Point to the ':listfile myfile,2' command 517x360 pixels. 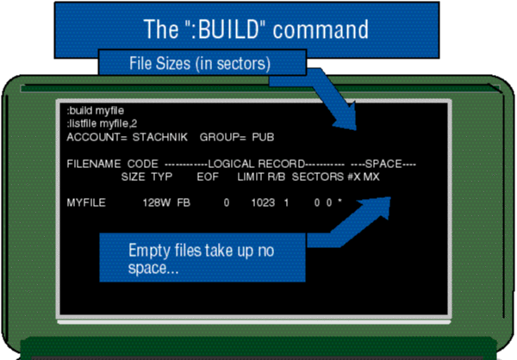(102, 123)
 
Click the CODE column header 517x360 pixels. (142, 164)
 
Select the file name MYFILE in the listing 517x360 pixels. (86, 203)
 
